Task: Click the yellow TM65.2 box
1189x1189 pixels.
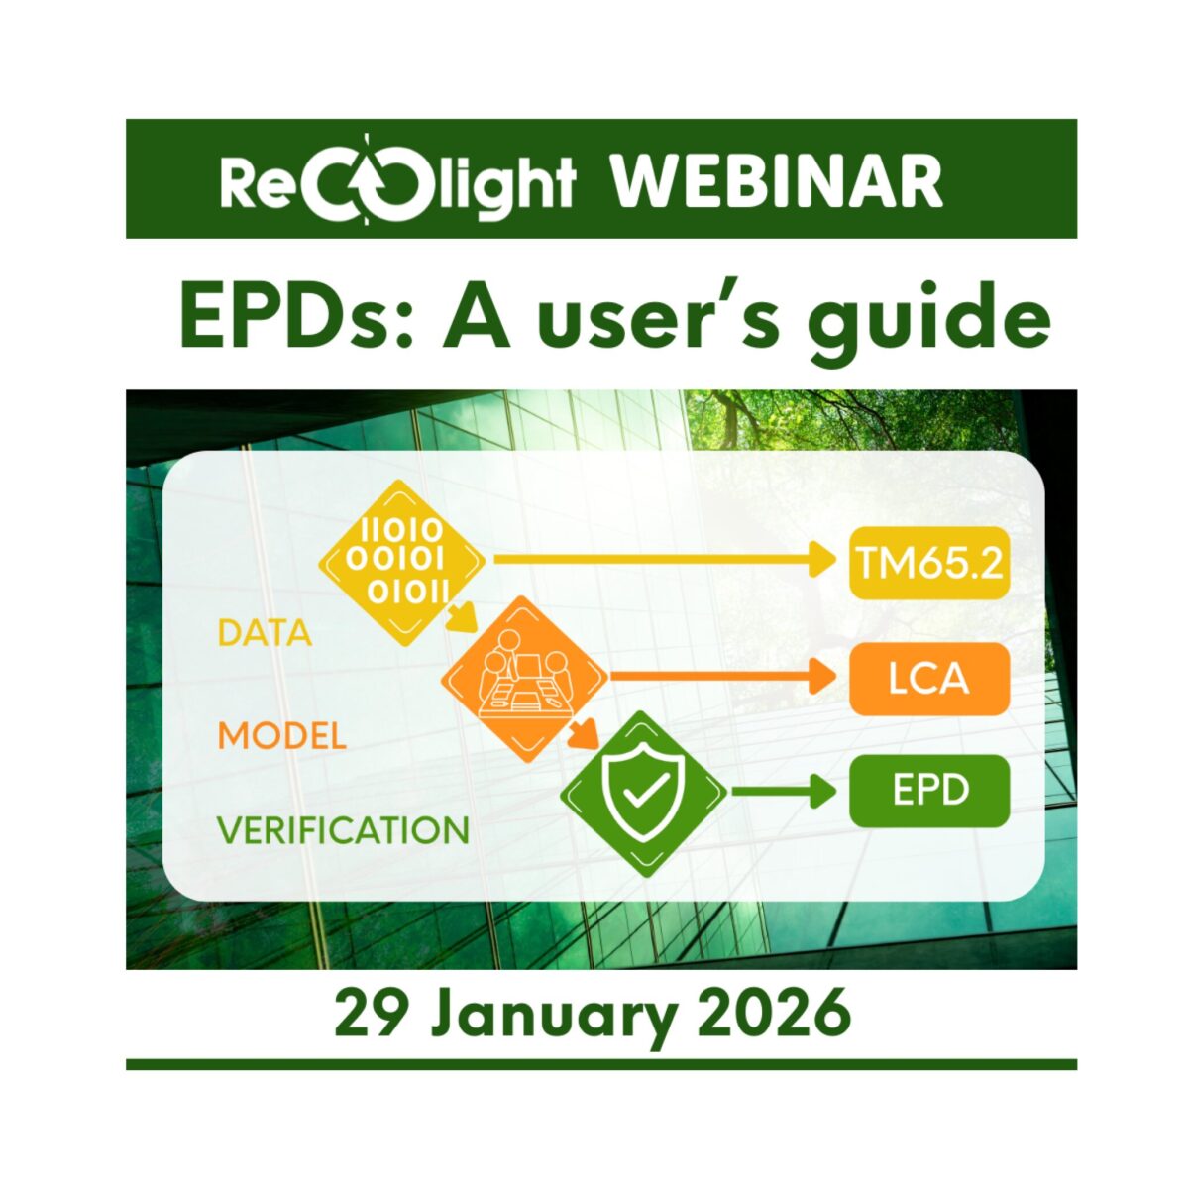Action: coord(928,564)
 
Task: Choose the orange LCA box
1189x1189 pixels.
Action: coord(928,679)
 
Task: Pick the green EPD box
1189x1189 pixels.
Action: coord(928,792)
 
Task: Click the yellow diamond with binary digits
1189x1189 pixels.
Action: coord(401,563)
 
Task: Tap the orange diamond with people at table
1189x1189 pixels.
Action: coord(525,679)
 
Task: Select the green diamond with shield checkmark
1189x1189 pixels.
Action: coord(644,793)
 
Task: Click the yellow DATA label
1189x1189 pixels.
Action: coord(265,633)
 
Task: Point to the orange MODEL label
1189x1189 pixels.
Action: coord(282,736)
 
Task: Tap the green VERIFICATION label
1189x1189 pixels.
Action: coord(343,830)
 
